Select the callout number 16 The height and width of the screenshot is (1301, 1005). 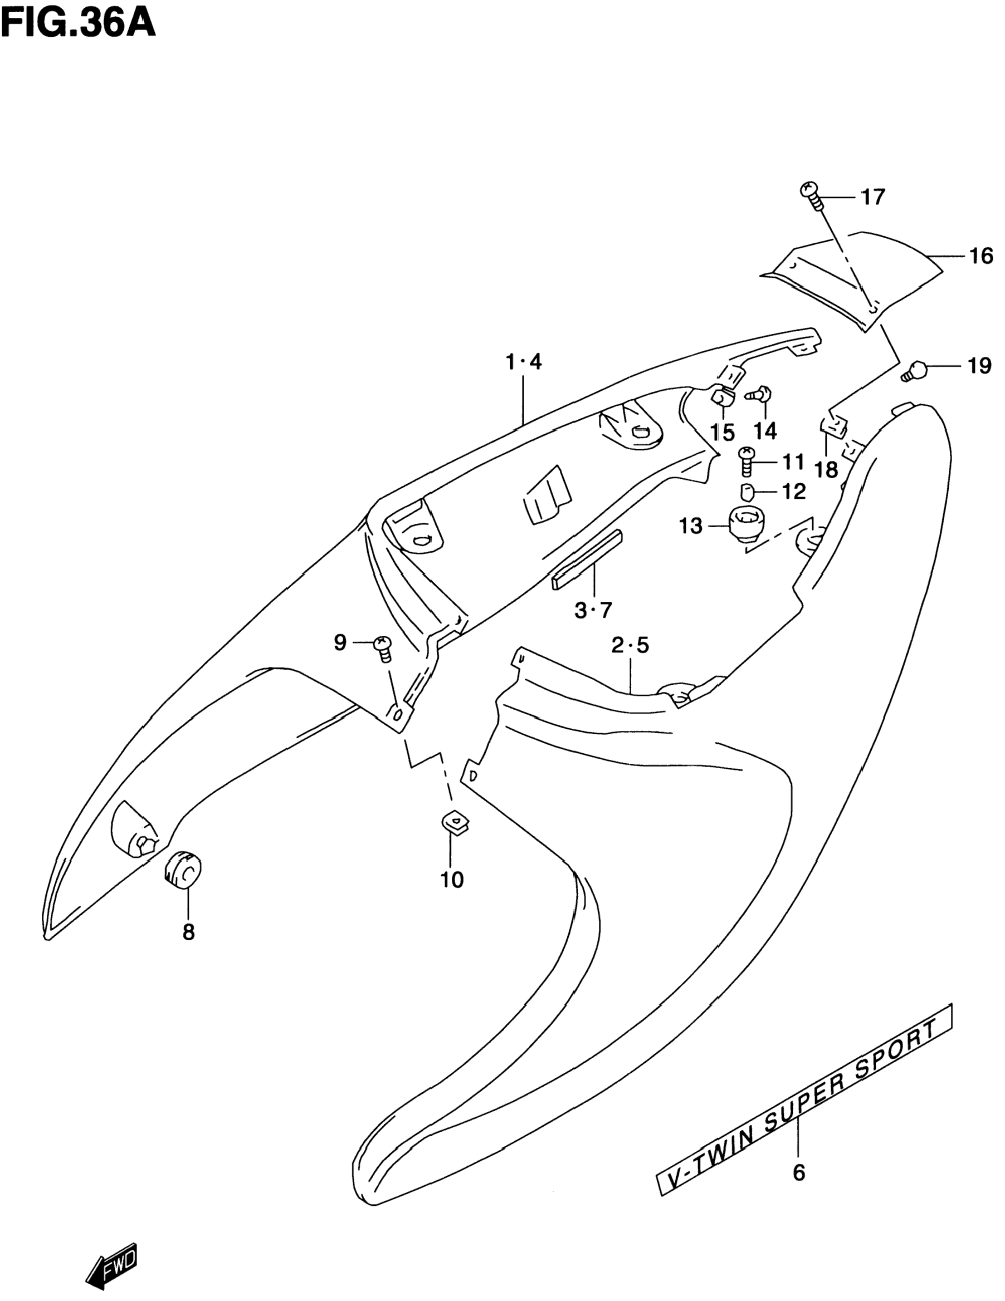click(x=980, y=256)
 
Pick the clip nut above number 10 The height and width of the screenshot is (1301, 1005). click(x=454, y=824)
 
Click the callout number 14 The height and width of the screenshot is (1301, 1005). click(x=765, y=431)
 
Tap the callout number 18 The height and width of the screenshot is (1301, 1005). click(x=826, y=470)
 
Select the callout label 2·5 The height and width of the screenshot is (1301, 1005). click(x=630, y=645)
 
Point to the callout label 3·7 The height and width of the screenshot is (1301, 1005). click(x=593, y=610)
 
